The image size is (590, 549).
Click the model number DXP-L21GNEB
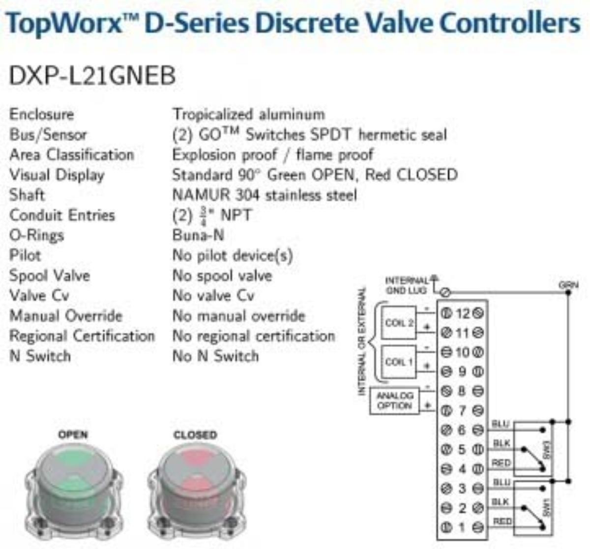[92, 76]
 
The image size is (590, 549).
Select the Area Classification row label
[71, 155]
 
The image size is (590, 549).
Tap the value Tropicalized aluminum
[248, 115]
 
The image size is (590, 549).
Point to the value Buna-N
[198, 235]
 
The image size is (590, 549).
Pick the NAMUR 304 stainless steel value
[265, 195]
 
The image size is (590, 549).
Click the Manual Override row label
[66, 316]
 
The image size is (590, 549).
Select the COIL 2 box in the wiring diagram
[399, 323]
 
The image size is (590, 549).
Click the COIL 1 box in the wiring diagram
[399, 362]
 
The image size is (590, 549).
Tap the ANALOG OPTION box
[395, 401]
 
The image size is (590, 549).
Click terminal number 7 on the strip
[462, 410]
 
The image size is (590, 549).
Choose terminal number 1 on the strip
[462, 527]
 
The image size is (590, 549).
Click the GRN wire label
[568, 285]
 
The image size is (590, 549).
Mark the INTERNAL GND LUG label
[407, 286]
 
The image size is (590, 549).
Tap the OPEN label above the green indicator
[73, 434]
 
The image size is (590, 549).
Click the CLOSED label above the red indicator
[195, 434]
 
